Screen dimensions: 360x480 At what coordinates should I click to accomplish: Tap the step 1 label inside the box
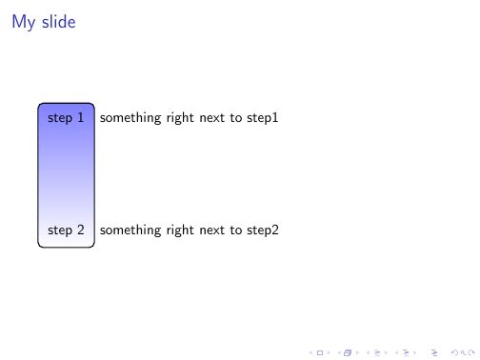click(66, 118)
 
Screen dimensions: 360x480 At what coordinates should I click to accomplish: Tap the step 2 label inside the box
click(66, 230)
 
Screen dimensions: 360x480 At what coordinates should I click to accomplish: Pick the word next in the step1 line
click(213, 119)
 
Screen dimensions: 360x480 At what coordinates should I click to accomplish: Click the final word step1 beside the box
click(262, 119)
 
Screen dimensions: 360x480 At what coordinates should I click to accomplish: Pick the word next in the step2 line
click(213, 230)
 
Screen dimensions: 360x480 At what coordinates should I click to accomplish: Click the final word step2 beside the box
click(262, 230)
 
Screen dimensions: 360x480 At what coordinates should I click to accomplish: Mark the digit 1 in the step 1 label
click(80, 118)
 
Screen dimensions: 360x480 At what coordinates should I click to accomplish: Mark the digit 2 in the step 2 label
click(80, 230)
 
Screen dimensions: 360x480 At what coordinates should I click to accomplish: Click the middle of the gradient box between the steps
click(66, 174)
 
